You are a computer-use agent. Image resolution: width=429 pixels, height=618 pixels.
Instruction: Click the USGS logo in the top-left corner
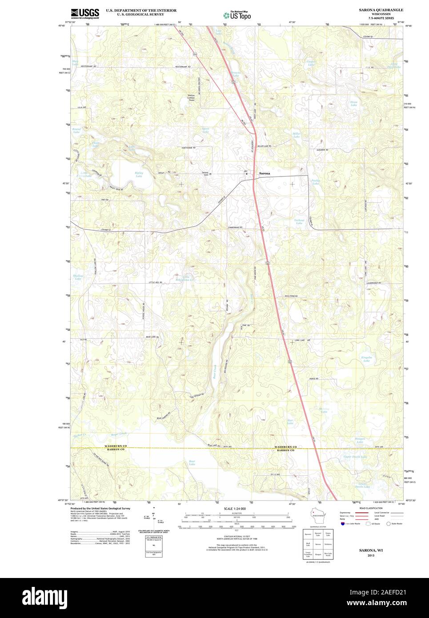(85, 13)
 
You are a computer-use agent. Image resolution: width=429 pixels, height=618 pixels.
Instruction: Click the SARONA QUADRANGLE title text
(381, 9)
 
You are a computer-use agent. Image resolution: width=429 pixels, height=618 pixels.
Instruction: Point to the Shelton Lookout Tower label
(192, 98)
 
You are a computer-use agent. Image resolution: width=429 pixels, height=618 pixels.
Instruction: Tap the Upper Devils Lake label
(355, 457)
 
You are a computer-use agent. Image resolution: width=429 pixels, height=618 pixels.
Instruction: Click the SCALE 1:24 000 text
(235, 508)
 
